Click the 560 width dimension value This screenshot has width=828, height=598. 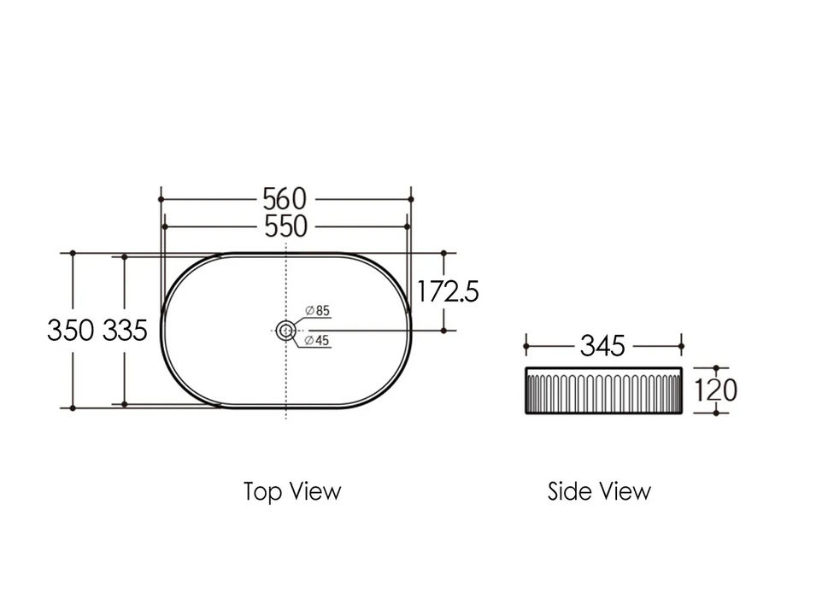pos(285,199)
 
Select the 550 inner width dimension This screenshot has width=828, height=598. pos(285,226)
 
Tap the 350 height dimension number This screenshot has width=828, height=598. pos(71,330)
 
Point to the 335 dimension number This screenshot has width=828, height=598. pos(126,330)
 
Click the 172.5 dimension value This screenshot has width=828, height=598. pos(448,292)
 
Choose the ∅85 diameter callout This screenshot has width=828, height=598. pos(317,310)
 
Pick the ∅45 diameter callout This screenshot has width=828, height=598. pos(317,341)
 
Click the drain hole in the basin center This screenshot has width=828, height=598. pos(285,330)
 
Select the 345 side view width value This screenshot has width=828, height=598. pos(602,346)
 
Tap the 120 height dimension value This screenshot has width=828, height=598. pos(715,390)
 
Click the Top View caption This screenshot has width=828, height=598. pos(292,492)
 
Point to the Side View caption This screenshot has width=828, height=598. pos(599,492)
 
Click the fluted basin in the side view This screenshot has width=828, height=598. pos(602,390)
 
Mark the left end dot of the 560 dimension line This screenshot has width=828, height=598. pos(161,199)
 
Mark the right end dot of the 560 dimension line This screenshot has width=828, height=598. pos(410,199)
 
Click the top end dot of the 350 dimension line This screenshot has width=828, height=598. pos(73,253)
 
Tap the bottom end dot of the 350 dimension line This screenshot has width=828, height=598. pos(73,407)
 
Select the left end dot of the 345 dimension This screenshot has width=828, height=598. pos(525,346)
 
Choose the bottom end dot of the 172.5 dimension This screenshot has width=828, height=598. pos(444,330)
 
